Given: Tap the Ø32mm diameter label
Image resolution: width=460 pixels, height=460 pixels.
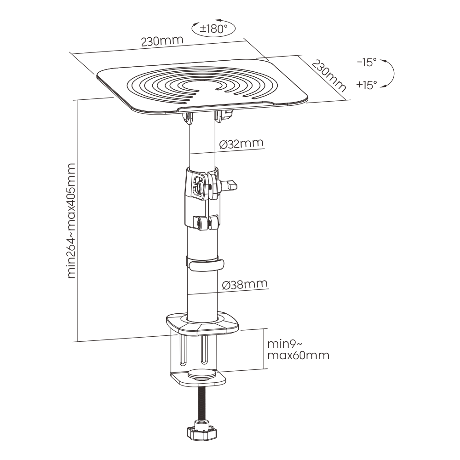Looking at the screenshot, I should (x=241, y=144).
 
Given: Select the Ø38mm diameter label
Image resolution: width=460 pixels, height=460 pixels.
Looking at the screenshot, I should (x=244, y=285).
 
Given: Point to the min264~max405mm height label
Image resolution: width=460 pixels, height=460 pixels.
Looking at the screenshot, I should (x=73, y=221).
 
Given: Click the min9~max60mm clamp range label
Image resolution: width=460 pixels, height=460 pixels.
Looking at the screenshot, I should (x=298, y=350).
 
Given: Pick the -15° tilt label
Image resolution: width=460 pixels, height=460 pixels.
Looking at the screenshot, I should (x=366, y=63).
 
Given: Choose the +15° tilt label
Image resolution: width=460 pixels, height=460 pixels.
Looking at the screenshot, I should (x=366, y=84).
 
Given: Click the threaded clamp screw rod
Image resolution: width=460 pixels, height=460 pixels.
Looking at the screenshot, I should (x=201, y=405).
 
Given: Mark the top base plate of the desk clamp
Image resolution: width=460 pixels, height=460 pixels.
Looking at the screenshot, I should (x=202, y=322).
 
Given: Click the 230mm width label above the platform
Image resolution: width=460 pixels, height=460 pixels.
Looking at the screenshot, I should (x=162, y=40).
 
